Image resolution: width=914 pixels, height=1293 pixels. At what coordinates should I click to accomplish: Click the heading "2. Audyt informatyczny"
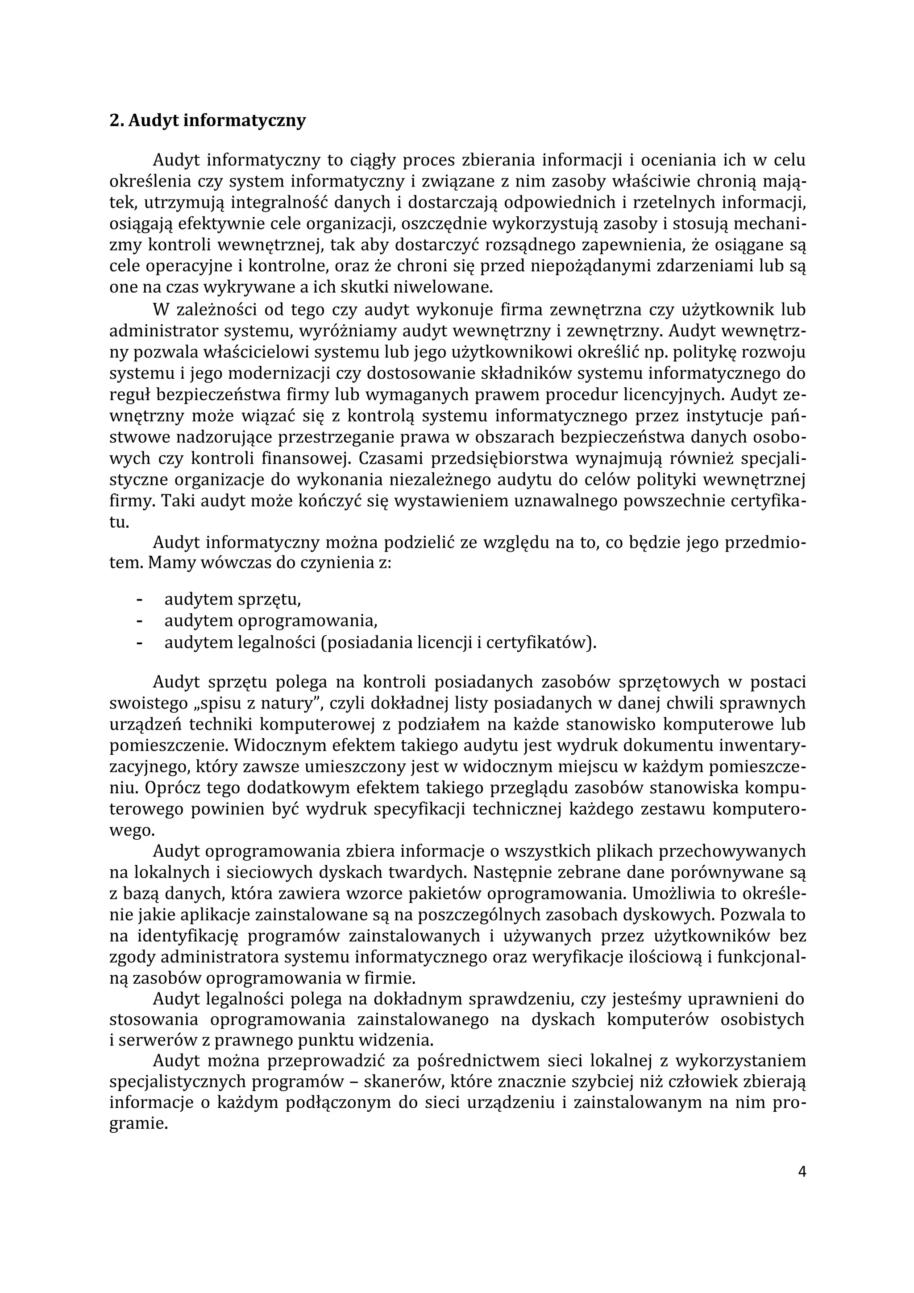tap(207, 120)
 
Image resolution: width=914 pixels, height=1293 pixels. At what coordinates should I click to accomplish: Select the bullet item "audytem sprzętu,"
tap(232, 600)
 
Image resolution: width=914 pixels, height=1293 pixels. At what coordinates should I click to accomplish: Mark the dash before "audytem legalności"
tap(139, 642)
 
